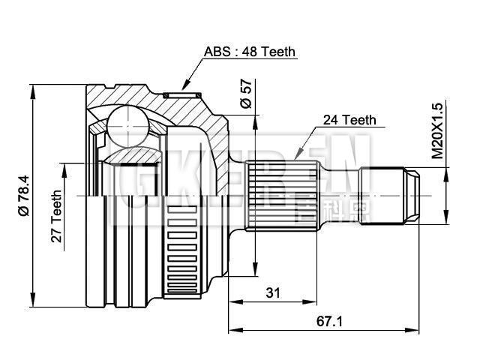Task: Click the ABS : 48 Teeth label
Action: [250, 52]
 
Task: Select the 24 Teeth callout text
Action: [349, 119]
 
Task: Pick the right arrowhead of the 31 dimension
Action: [310, 302]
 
